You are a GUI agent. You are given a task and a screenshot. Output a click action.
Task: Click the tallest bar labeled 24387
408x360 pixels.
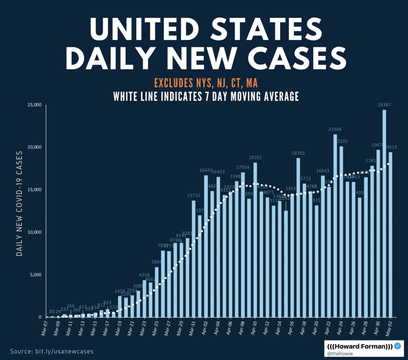pyautogui.click(x=384, y=213)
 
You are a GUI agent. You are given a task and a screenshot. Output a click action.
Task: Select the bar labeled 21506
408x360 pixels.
pyautogui.click(x=335, y=225)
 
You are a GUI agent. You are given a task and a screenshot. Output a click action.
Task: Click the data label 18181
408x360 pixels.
pyautogui.click(x=255, y=157)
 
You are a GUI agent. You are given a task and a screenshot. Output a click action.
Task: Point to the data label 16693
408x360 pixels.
pyautogui.click(x=206, y=170)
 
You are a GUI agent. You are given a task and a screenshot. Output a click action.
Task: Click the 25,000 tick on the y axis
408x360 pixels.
pyautogui.click(x=34, y=105)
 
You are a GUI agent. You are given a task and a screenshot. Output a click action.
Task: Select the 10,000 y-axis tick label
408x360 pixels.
pyautogui.click(x=34, y=232)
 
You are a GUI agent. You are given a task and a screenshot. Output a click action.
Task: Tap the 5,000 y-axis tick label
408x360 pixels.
pyautogui.click(x=35, y=275)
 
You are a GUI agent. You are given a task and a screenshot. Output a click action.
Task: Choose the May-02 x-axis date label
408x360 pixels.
pyautogui.click(x=388, y=329)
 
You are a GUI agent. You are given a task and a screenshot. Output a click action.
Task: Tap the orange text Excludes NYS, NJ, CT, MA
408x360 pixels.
pyautogui.click(x=206, y=83)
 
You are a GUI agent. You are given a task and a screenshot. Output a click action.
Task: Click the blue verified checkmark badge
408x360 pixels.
pyautogui.click(x=397, y=346)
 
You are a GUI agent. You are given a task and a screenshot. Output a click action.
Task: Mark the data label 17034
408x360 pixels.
pyautogui.click(x=243, y=167)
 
